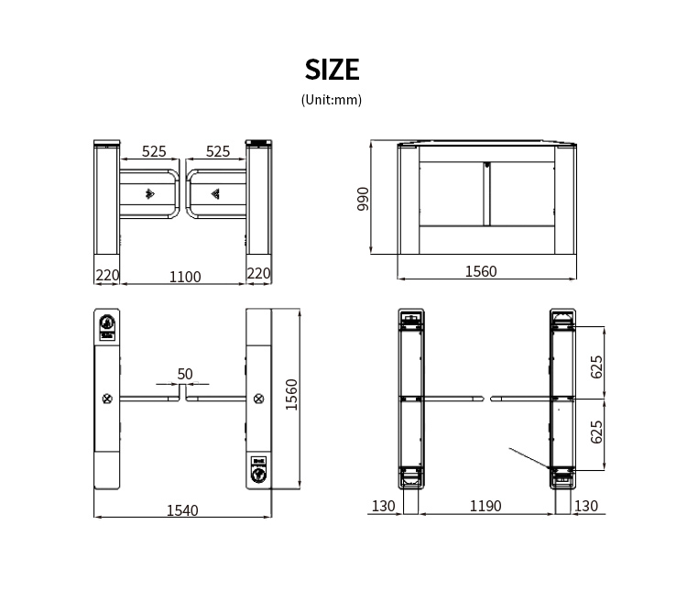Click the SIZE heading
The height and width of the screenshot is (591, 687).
(333, 70)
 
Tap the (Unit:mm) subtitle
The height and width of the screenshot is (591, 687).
(332, 100)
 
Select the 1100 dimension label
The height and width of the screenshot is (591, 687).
(185, 277)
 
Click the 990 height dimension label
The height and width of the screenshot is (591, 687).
(364, 199)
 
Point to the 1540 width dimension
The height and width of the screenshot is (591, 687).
(182, 510)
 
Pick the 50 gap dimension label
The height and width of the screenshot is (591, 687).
(185, 374)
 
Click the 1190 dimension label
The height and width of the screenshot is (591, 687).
(485, 506)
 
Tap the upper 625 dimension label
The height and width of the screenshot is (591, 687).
(596, 367)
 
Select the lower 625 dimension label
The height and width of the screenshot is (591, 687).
(596, 432)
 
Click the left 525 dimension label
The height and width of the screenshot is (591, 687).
(154, 151)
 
